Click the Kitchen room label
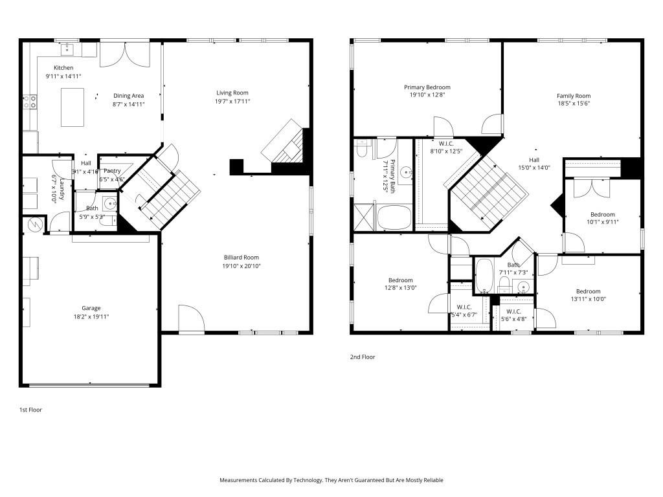[x=63, y=68]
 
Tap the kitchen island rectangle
[x=73, y=107]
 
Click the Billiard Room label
[x=241, y=257]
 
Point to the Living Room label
[x=232, y=93]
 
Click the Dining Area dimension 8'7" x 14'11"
[x=128, y=104]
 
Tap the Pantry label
[x=113, y=171]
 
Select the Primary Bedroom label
[x=427, y=87]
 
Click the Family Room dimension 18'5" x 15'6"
[x=574, y=104]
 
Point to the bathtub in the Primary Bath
[x=395, y=217]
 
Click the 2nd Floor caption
[x=363, y=357]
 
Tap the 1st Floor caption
[x=30, y=410]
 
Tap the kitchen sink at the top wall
[x=66, y=48]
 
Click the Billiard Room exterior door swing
[x=191, y=319]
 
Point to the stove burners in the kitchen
[x=30, y=102]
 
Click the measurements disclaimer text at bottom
[x=331, y=480]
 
